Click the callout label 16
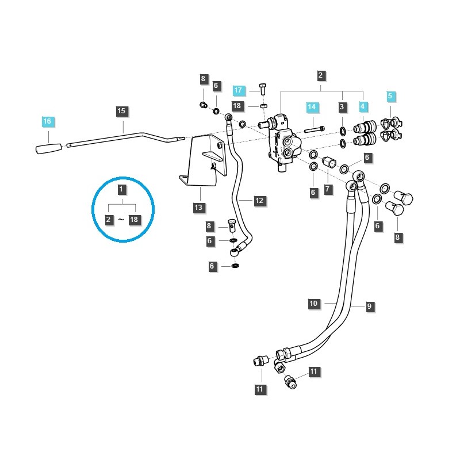pyautogui.click(x=47, y=121)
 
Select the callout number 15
pyautogui.click(x=121, y=110)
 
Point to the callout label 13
pyautogui.click(x=198, y=207)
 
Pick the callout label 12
pyautogui.click(x=259, y=201)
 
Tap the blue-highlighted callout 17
pyautogui.click(x=238, y=90)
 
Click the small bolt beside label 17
pyautogui.click(x=263, y=89)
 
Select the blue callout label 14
pyautogui.click(x=311, y=107)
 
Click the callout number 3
pyautogui.click(x=342, y=107)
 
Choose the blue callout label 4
pyautogui.click(x=363, y=107)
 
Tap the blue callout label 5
pyautogui.click(x=390, y=96)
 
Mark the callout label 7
pyautogui.click(x=328, y=189)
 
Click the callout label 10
pyautogui.click(x=313, y=304)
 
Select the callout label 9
pyautogui.click(x=370, y=307)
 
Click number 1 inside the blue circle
pyautogui.click(x=121, y=189)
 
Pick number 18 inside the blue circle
pyautogui.click(x=135, y=220)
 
